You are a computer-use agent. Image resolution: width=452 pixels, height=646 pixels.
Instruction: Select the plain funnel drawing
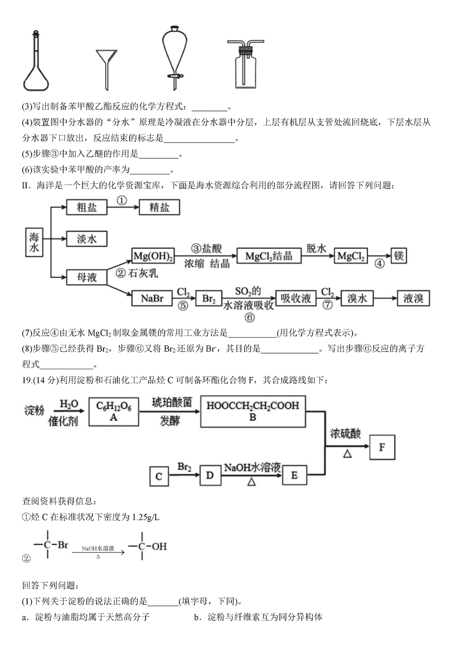[106, 66]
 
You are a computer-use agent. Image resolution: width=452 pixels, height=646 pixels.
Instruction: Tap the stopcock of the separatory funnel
[175, 76]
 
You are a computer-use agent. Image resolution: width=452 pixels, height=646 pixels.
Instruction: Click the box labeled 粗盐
[87, 207]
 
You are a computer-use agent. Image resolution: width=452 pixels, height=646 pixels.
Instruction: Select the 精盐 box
[159, 207]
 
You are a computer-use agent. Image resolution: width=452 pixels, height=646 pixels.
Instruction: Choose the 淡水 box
[87, 239]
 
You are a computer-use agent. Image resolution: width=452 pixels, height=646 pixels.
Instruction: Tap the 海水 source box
[34, 242]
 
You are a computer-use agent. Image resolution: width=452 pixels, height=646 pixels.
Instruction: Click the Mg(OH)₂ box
[153, 256]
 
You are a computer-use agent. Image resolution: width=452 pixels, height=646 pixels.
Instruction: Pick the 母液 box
[87, 277]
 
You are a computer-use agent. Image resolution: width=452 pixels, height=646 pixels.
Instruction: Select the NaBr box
[152, 298]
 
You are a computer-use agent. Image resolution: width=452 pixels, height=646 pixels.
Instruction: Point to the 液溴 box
[413, 298]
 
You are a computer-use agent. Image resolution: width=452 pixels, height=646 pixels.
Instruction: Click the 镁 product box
[399, 256]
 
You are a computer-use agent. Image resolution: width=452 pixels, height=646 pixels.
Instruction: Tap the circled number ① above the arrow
[122, 200]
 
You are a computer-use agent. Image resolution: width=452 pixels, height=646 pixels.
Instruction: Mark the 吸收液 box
[296, 298]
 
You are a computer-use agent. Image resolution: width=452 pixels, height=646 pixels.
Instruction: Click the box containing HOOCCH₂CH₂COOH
[253, 411]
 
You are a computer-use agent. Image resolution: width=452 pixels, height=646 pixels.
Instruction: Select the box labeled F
[382, 447]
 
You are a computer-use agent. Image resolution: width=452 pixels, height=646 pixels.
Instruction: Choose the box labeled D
[209, 475]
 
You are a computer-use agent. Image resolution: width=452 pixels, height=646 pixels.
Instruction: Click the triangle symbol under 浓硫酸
[348, 454]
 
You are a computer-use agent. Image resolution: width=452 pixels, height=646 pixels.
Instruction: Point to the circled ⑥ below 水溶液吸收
[250, 317]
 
